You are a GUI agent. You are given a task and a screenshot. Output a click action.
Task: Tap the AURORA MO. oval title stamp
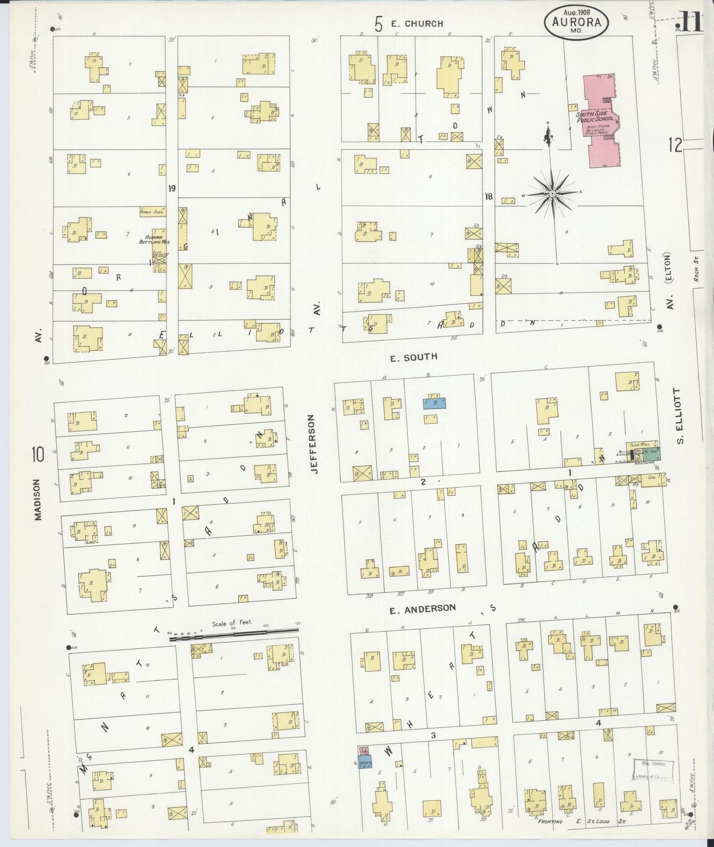(x=576, y=22)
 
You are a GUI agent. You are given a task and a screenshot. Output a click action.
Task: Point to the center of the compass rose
(x=552, y=194)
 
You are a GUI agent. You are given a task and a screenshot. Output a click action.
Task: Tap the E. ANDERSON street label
(x=422, y=609)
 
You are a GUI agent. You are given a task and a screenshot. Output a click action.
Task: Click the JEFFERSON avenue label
(x=313, y=444)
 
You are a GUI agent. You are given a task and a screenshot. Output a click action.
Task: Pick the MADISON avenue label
(x=38, y=499)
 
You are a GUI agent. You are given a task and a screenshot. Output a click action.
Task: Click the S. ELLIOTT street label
(x=680, y=416)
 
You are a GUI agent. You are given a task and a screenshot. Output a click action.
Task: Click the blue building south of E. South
(x=434, y=403)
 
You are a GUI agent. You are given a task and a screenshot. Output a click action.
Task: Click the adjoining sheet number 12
(x=675, y=145)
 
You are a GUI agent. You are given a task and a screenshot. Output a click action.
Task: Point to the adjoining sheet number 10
(x=38, y=453)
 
